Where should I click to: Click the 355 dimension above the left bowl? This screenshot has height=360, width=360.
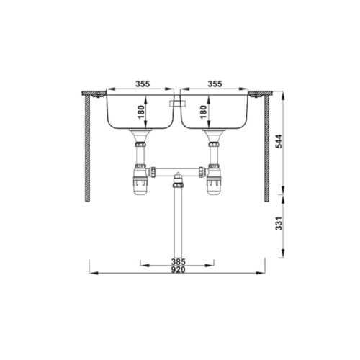(x=142, y=84)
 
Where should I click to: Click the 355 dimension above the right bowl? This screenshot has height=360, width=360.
(x=215, y=84)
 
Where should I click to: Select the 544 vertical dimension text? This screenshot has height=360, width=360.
(x=279, y=143)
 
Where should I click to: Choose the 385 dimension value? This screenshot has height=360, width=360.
(x=179, y=261)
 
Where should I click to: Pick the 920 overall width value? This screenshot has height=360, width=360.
(x=179, y=270)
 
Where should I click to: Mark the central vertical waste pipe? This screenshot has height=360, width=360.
(x=178, y=223)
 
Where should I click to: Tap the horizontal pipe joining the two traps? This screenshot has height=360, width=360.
(x=178, y=172)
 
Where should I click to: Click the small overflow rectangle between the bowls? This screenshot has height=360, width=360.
(x=173, y=104)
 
